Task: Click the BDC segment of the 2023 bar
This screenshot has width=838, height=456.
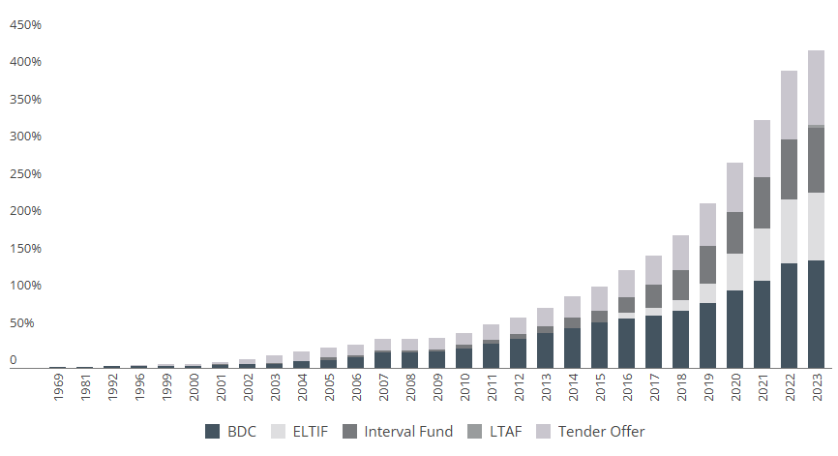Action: (816, 314)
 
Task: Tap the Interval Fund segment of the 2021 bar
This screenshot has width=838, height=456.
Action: (762, 202)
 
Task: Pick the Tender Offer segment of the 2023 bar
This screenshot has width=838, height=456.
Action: (816, 87)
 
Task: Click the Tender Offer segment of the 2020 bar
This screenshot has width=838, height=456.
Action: (734, 187)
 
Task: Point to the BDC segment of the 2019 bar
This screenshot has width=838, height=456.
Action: (707, 335)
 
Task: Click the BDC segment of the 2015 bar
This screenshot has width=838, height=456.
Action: (599, 345)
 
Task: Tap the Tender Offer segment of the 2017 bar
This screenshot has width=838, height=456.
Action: (653, 269)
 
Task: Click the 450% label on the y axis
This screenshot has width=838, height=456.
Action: (25, 25)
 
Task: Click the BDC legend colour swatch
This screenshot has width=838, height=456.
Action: (213, 432)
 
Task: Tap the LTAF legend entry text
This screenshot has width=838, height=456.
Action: (505, 432)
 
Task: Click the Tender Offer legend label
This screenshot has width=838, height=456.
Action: (601, 432)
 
